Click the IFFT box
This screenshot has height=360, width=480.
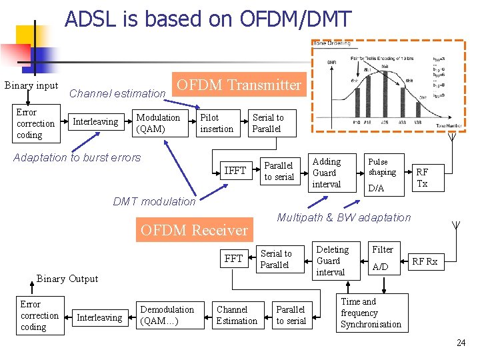(x=235, y=171)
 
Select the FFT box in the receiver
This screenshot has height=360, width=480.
(x=233, y=259)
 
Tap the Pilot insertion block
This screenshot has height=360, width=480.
(x=217, y=123)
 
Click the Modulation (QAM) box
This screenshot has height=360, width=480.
(x=158, y=123)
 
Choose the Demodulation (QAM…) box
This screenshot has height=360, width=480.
(x=167, y=315)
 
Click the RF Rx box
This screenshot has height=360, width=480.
(x=425, y=262)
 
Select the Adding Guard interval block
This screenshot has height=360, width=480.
(x=327, y=173)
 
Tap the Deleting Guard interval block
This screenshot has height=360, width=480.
(x=332, y=261)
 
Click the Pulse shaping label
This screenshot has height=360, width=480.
(x=382, y=167)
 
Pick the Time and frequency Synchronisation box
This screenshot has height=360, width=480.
(x=371, y=313)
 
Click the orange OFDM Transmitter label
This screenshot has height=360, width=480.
(x=238, y=85)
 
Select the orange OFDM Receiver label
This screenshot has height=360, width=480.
(x=194, y=230)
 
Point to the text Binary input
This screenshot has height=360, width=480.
(x=31, y=85)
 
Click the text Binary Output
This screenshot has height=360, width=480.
(x=67, y=279)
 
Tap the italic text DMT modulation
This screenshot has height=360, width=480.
(x=155, y=201)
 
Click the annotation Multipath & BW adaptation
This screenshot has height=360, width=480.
(x=344, y=217)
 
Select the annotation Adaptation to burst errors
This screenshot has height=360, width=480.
(x=77, y=158)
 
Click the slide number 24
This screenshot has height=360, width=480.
(x=461, y=343)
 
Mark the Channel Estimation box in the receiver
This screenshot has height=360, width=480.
(x=236, y=315)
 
